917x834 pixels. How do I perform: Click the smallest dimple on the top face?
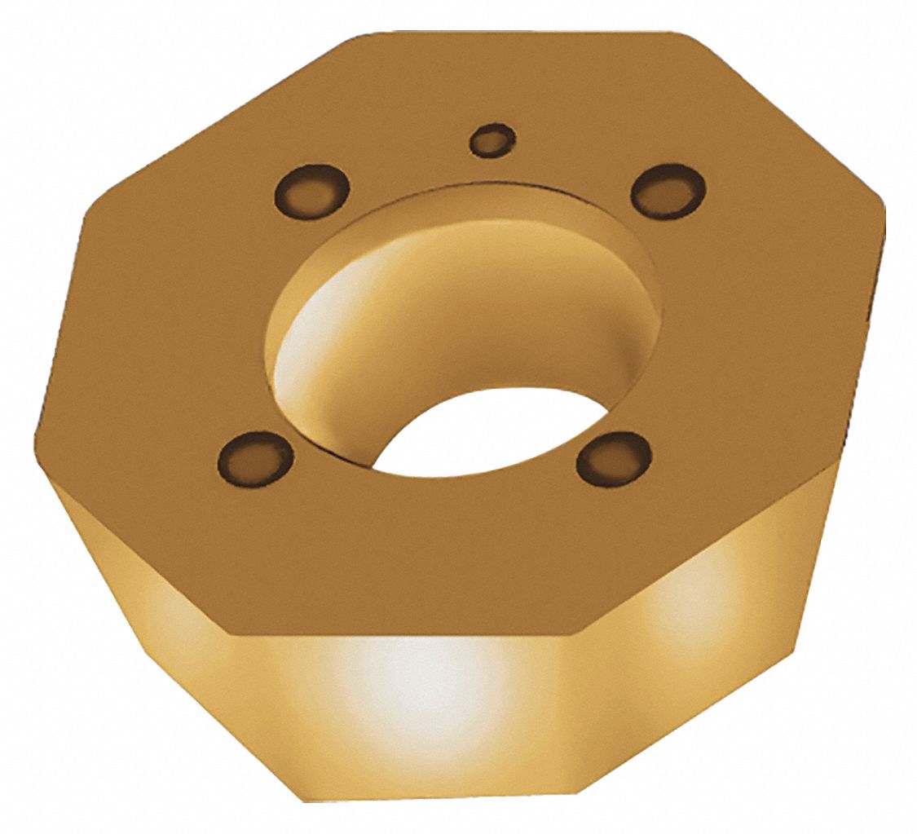[x=492, y=139]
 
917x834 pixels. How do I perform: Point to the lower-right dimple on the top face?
[x=614, y=458]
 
